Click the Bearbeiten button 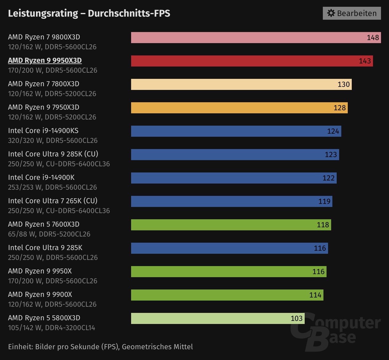point(352,13)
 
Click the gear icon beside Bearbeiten point(331,13)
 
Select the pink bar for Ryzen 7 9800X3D point(246,38)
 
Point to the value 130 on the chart point(343,84)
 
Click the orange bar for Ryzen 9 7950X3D point(231,108)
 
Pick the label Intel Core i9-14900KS point(43,131)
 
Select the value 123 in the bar point(331,155)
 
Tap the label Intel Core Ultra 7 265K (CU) point(53,201)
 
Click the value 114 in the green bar point(315,295)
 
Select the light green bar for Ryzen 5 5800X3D point(209,318)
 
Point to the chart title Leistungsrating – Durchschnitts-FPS point(89,13)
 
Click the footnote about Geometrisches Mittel point(100,347)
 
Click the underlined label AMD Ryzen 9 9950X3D point(45,60)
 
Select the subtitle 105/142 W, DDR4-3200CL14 point(51,328)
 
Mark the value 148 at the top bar point(373,38)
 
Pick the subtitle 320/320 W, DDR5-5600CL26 point(53,140)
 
